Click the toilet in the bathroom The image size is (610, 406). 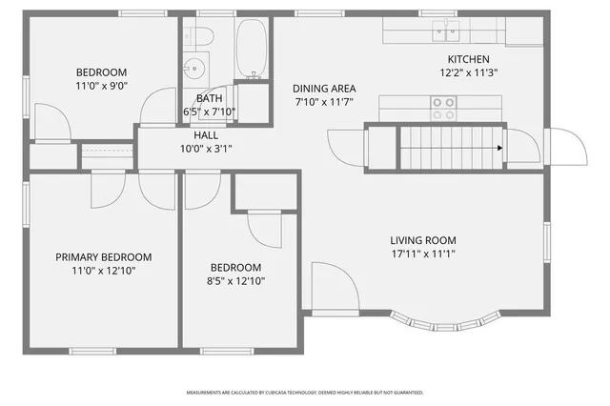201,36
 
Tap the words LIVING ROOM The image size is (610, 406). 422,240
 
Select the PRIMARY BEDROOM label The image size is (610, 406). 103,257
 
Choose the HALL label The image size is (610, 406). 206,135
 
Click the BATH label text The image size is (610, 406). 209,98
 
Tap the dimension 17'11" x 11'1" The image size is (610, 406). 422,254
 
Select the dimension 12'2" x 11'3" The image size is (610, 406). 468,72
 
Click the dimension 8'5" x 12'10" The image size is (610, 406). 235,281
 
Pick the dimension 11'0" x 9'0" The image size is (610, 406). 101,86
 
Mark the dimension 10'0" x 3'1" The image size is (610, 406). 206,149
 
